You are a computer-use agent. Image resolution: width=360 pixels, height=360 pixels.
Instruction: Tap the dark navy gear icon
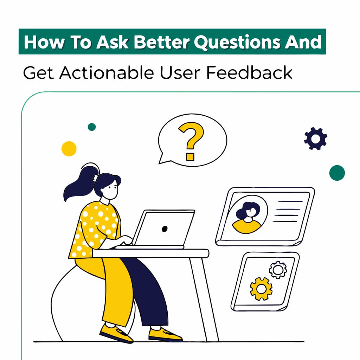[x=315, y=139]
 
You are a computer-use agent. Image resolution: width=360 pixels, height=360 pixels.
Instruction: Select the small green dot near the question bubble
[x=92, y=127]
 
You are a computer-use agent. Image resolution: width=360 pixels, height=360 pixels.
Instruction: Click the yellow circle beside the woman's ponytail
[x=69, y=148]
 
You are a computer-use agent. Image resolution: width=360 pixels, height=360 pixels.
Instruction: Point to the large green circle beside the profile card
[x=337, y=173]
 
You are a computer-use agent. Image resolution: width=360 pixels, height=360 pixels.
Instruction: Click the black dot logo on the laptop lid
[x=164, y=229]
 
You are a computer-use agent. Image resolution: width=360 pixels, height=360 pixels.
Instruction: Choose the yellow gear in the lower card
[x=261, y=288]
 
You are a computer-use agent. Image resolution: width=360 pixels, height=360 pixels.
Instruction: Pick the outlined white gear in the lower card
[x=278, y=270]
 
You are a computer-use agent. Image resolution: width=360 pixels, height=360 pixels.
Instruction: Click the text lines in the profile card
[x=288, y=211]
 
